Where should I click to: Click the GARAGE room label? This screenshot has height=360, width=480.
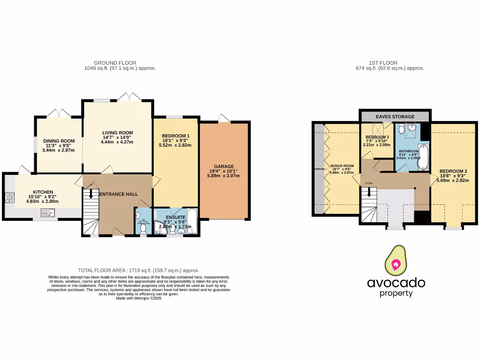[224, 166]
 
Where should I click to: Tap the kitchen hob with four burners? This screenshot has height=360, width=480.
[9, 198]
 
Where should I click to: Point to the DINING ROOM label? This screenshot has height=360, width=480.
[59, 141]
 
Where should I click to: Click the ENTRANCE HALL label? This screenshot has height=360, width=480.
[118, 193]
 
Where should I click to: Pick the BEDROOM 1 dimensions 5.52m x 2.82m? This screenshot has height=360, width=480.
[175, 145]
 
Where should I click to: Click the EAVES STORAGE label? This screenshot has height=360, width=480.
[394, 116]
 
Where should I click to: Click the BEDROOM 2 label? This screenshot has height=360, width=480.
[452, 171]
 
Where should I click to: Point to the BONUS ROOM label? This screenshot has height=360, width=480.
[342, 166]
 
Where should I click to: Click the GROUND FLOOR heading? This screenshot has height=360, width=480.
[115, 63]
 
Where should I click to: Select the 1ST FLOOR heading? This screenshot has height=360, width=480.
[383, 63]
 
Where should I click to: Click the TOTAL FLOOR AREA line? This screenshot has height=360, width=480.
[138, 270]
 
